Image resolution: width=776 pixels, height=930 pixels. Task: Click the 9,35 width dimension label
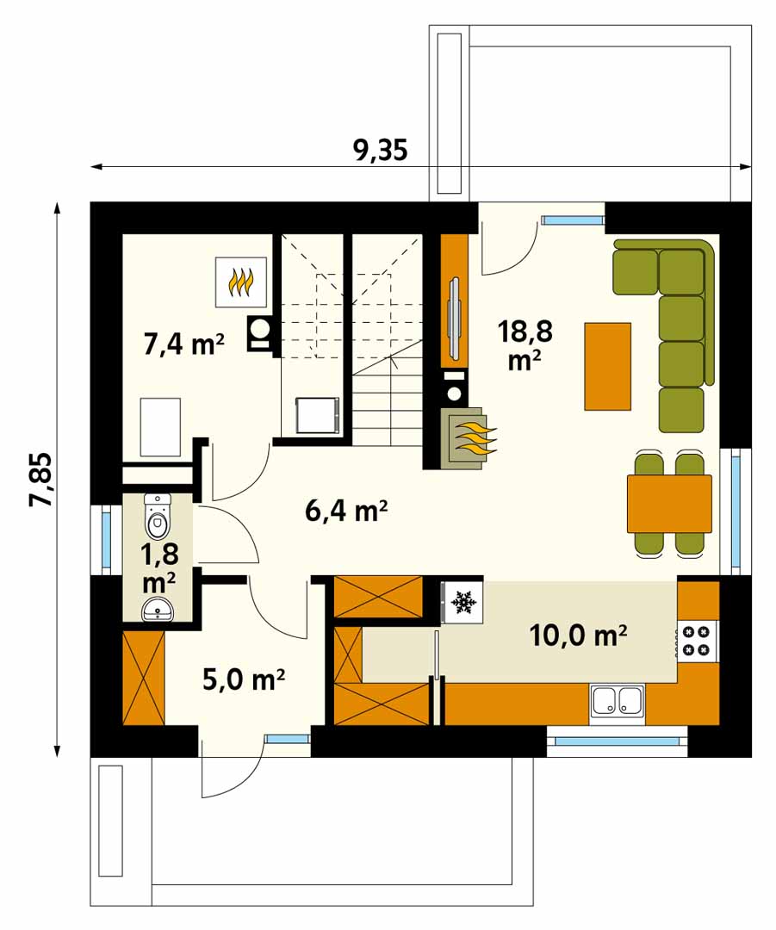381,151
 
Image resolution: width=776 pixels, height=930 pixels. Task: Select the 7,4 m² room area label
184,344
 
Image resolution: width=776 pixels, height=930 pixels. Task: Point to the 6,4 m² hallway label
347,510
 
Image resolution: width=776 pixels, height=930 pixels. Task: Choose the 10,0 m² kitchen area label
578,635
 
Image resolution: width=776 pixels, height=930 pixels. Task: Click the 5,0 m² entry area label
244,679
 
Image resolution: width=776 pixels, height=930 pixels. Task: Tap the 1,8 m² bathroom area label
159,568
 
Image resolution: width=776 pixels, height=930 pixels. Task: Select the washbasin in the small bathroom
158,609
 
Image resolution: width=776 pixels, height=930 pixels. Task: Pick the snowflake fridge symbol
463,603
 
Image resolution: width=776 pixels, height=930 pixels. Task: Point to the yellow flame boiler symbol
240,282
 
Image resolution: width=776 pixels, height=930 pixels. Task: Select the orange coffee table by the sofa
607,367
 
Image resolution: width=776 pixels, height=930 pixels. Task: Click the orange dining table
669,504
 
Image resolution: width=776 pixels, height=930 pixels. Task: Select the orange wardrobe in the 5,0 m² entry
144,678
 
